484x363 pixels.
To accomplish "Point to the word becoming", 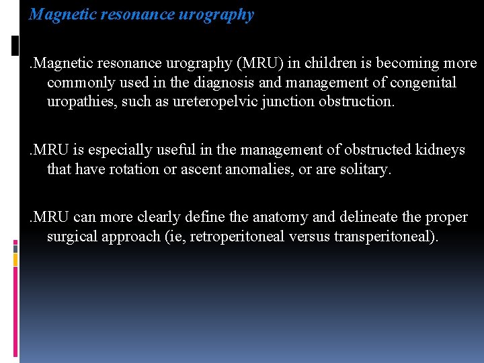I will [409, 63].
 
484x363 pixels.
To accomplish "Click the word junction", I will [288, 102].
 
